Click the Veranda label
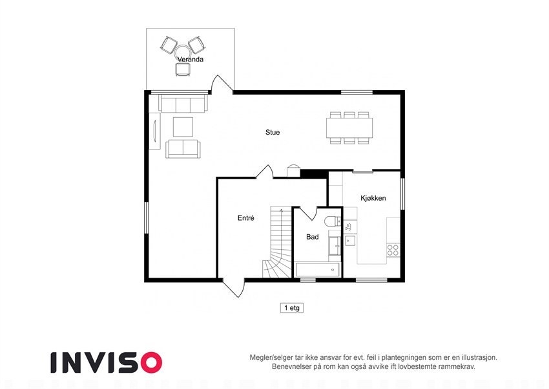tap(191, 60)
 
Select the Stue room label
tap(273, 133)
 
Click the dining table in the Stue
tap(349, 128)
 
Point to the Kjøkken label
tap(373, 198)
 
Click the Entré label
tap(245, 219)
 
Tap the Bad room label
tap(313, 237)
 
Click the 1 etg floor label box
tap(291, 308)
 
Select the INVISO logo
tap(107, 362)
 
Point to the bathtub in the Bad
tap(317, 269)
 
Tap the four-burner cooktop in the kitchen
tap(393, 249)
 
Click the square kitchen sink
tap(349, 241)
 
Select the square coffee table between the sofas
tap(183, 126)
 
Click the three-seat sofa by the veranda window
tap(183, 104)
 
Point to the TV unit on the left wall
tap(155, 131)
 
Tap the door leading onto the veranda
tap(222, 84)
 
